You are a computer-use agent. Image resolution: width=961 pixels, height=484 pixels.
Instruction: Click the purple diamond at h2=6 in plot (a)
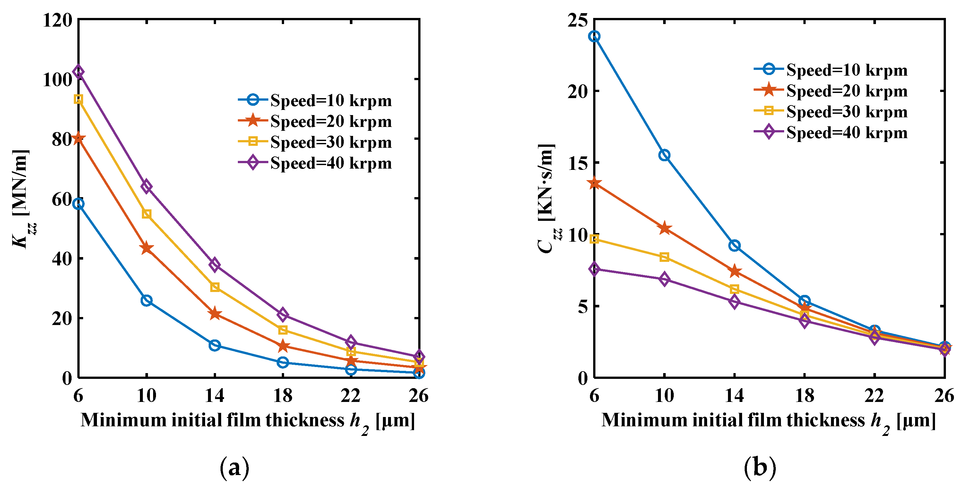pyautogui.click(x=78, y=71)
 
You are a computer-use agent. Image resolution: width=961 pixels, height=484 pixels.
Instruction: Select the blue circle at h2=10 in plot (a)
pyautogui.click(x=147, y=300)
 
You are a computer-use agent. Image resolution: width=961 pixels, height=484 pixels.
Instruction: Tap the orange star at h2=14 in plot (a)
pyautogui.click(x=215, y=314)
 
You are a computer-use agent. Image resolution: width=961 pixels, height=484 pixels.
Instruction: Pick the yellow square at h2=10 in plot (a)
pyautogui.click(x=147, y=214)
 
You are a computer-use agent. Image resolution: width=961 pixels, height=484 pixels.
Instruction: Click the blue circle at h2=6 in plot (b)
pyautogui.click(x=594, y=37)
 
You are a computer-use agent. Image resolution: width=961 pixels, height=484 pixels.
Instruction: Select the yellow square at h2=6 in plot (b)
pyautogui.click(x=594, y=239)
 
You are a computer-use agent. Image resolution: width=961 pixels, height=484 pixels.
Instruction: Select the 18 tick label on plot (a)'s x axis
pyautogui.click(x=283, y=396)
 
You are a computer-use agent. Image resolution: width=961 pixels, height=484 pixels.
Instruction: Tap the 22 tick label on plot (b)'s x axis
pyautogui.click(x=874, y=396)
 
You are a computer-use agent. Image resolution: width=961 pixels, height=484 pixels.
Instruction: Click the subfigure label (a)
pyautogui.click(x=234, y=468)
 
